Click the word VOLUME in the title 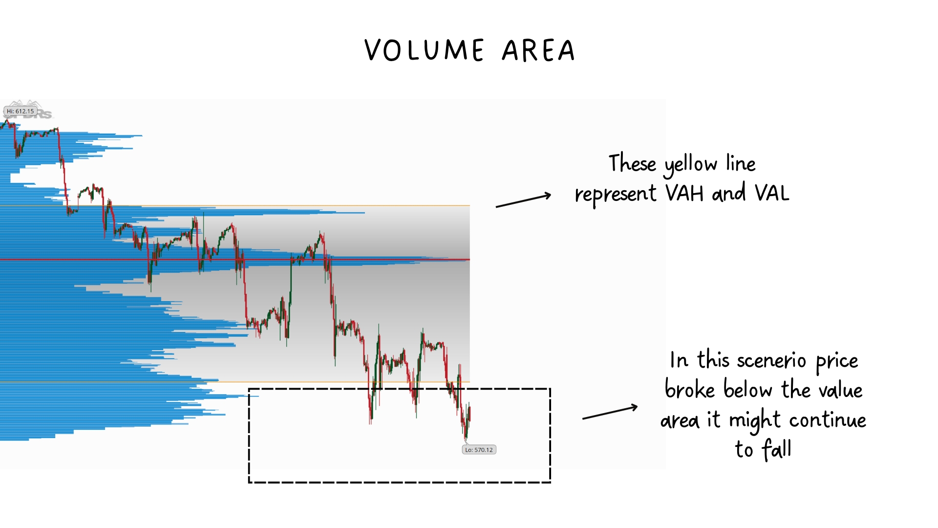click(x=425, y=50)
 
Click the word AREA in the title click(x=539, y=50)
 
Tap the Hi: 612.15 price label click(x=21, y=111)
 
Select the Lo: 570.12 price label click(x=479, y=450)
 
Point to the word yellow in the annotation click(x=690, y=165)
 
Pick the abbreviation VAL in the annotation click(x=772, y=194)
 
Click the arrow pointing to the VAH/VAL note click(x=523, y=200)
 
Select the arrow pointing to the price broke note click(x=610, y=412)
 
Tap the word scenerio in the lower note click(x=771, y=361)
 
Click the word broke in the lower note click(x=690, y=390)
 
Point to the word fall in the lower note click(x=777, y=449)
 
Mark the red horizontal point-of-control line click(x=234, y=260)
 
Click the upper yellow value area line click(x=234, y=206)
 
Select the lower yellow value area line click(x=234, y=382)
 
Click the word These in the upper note click(x=632, y=163)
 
